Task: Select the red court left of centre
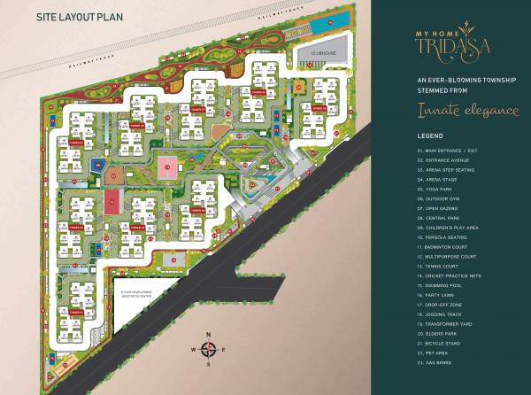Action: click(x=112, y=203)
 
